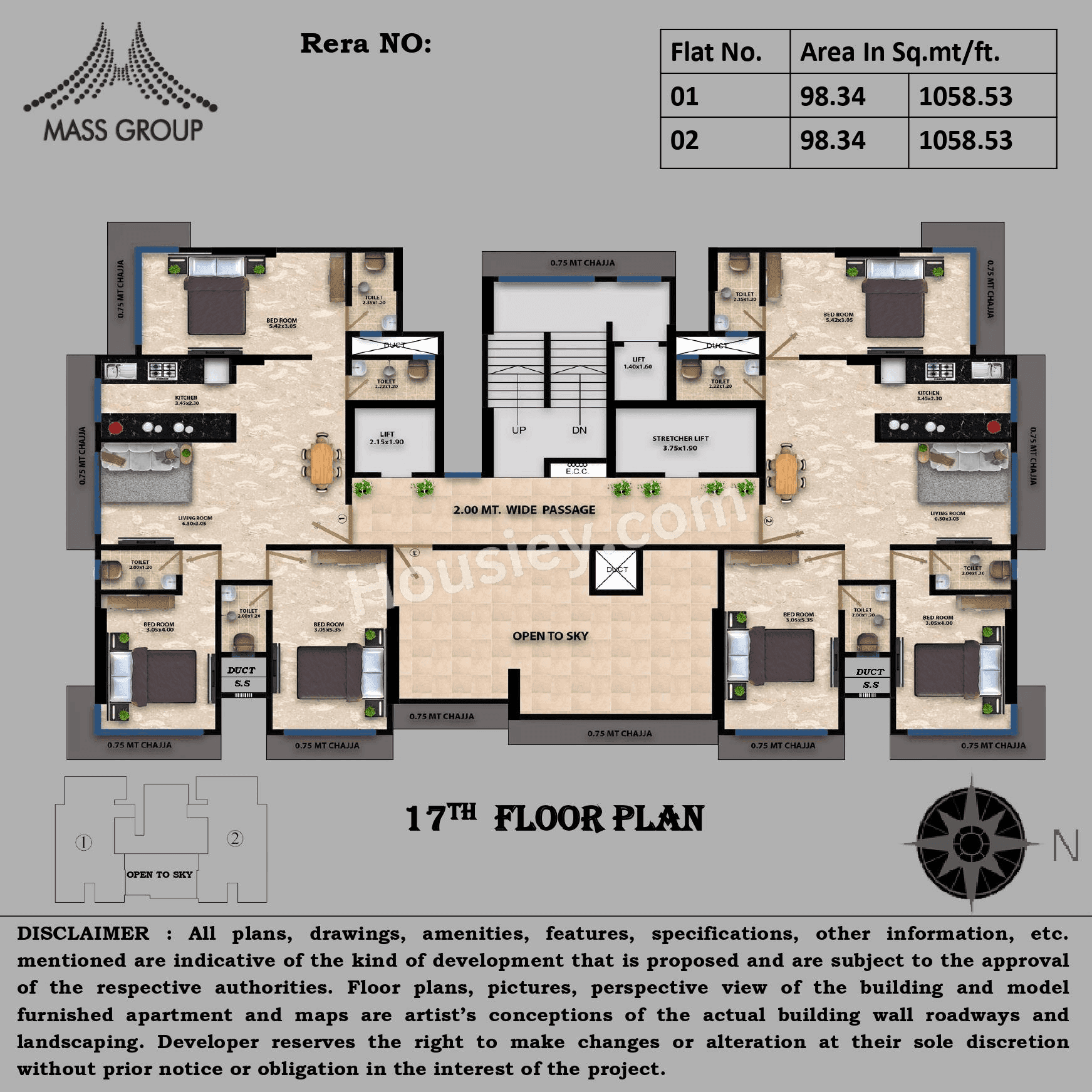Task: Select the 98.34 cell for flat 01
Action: [x=833, y=96]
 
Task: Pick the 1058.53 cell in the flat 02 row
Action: [x=965, y=140]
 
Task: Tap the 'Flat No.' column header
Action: [x=716, y=52]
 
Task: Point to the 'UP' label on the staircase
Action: [x=519, y=430]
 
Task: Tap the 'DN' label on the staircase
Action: [x=580, y=430]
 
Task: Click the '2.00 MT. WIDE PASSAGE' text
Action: [x=524, y=510]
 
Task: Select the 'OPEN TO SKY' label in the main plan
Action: [x=550, y=636]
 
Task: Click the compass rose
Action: [x=971, y=843]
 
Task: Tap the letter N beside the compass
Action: [x=1065, y=846]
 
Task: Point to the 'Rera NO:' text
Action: [x=366, y=44]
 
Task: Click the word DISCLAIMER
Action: [x=83, y=933]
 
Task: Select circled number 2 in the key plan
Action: [x=235, y=838]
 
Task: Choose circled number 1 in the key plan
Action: [x=84, y=843]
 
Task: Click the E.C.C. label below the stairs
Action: [x=576, y=469]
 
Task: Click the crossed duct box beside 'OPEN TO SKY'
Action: [x=616, y=569]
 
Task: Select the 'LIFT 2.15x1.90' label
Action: [x=387, y=438]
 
